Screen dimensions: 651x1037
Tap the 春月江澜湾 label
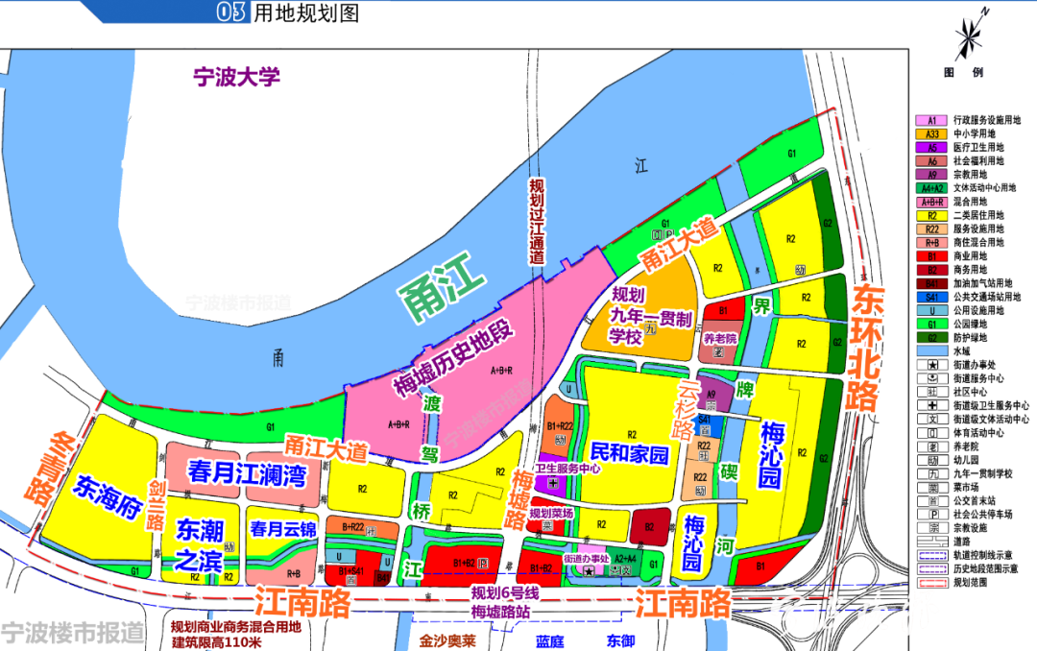point(233,473)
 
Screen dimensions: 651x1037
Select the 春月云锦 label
point(283,528)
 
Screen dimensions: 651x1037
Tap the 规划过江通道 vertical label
point(537,221)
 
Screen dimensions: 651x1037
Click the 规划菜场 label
point(555,514)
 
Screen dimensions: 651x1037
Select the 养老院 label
point(720,339)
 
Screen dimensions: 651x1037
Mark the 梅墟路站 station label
point(502,612)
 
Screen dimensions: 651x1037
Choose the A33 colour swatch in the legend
point(931,134)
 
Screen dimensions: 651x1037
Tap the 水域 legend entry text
point(961,351)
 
